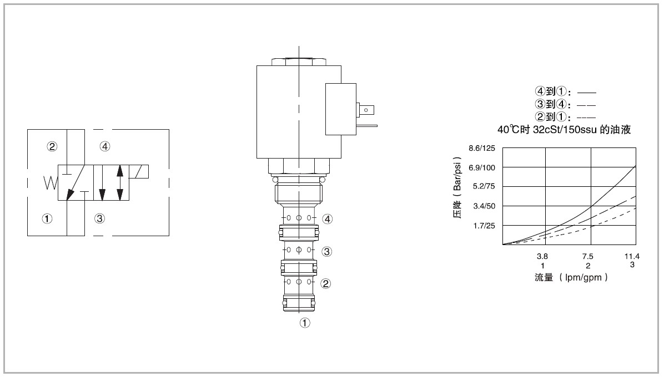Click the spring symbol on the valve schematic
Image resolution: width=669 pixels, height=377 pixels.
click(x=50, y=182)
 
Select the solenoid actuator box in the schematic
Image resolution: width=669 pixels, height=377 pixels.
click(x=139, y=171)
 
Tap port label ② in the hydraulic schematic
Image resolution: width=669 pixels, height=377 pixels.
click(x=52, y=146)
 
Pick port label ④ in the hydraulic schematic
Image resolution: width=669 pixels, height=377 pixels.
click(x=105, y=146)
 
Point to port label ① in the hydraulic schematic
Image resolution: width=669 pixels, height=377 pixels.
click(x=47, y=218)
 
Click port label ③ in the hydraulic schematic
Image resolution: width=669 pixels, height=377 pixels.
click(x=100, y=218)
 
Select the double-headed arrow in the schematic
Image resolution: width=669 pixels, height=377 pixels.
click(x=120, y=182)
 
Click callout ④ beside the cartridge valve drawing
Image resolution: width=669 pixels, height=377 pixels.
click(x=328, y=219)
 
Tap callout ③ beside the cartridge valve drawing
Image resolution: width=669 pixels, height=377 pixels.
click(x=327, y=252)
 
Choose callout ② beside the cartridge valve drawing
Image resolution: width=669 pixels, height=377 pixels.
click(x=325, y=283)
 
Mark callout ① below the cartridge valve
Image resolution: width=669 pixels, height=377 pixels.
click(x=305, y=323)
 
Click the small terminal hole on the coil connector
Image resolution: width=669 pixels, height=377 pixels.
click(x=366, y=110)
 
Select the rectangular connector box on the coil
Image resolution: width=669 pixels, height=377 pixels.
click(x=341, y=109)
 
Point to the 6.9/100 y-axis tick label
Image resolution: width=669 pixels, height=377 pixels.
click(x=482, y=167)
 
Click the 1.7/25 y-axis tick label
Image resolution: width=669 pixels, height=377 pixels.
click(x=484, y=226)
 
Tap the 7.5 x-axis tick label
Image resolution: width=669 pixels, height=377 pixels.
click(x=587, y=256)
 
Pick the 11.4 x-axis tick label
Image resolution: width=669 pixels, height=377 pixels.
click(x=632, y=256)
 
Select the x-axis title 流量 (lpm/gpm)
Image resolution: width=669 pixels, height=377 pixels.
click(x=571, y=277)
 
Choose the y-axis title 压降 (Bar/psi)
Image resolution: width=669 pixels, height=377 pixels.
click(x=457, y=187)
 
